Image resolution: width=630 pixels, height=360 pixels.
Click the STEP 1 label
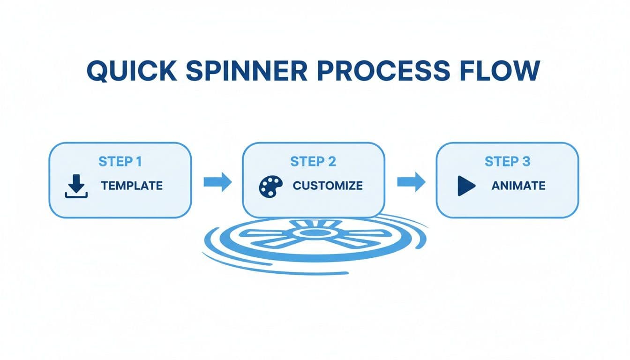[120, 162]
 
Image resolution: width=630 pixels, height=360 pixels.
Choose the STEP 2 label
[313, 162]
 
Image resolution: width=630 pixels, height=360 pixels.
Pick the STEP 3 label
[507, 162]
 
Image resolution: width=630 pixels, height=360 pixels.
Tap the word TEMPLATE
[132, 186]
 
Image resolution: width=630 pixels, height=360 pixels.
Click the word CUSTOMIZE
[328, 186]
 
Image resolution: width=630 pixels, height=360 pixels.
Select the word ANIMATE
[518, 186]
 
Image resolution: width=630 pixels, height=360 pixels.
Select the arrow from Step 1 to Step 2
[217, 181]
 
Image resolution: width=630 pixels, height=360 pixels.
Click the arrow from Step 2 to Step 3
[411, 181]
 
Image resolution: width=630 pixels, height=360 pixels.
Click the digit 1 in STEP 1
[138, 162]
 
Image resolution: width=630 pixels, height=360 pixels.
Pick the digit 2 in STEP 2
[331, 162]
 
